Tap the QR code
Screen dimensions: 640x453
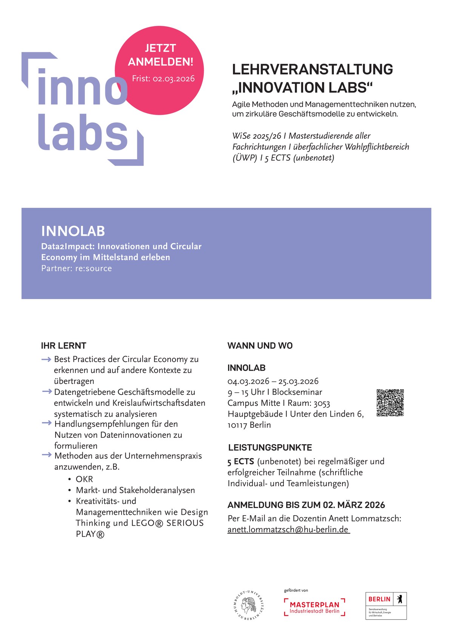point(390,403)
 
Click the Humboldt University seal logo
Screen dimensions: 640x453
point(248,605)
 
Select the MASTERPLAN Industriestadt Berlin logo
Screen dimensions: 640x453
point(314,607)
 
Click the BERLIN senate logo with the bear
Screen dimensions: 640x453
point(386,605)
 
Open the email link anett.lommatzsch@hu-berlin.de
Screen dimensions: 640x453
point(288,529)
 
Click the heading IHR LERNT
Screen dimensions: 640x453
point(63,345)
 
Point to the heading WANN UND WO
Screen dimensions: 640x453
point(260,345)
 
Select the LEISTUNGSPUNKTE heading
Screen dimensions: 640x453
point(270,448)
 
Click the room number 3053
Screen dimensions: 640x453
point(322,403)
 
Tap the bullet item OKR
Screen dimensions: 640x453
point(84,479)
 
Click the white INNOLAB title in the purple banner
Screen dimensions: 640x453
point(73,231)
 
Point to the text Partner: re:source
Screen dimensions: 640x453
point(77,269)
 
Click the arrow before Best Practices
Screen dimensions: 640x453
point(46,359)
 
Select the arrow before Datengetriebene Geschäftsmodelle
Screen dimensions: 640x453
point(46,392)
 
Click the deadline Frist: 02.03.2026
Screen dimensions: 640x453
point(163,78)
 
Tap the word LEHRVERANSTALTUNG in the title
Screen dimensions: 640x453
point(312,69)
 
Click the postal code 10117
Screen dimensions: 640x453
point(237,425)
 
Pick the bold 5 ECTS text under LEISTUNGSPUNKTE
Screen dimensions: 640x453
point(240,461)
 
